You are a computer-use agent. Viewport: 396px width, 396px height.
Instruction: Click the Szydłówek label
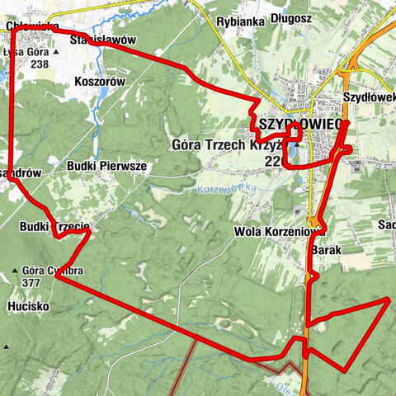(368, 97)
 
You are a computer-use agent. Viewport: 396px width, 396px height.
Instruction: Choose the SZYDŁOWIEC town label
(295, 123)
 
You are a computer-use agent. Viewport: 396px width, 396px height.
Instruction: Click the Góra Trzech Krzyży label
(229, 145)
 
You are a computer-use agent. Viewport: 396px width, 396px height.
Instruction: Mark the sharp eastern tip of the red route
(388, 301)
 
